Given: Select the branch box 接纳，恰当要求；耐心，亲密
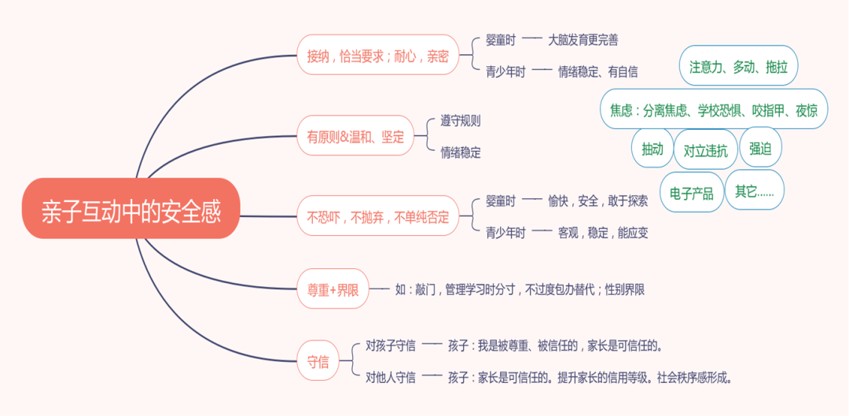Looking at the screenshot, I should point(377,55).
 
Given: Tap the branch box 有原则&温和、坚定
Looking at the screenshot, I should point(355,137).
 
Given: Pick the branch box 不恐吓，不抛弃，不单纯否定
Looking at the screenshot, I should point(377,216).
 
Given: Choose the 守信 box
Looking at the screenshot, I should point(318,362).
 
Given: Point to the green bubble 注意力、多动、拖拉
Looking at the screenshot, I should point(738,67).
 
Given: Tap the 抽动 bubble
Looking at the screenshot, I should point(652,149).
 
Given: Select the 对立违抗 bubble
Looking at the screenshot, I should point(705,150).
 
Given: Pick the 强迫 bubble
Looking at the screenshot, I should point(760,149).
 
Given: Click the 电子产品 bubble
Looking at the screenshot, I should point(691,192).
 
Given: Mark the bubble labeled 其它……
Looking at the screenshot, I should point(754,190).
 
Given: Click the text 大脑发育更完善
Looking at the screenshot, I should point(588,39).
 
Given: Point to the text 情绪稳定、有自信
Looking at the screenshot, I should point(597,72).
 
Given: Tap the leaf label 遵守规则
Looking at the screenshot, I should point(461,121).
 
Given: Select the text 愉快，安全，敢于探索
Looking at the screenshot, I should point(597,201).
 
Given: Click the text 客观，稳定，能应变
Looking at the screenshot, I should point(603,233).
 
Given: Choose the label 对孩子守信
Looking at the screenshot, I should point(391,345).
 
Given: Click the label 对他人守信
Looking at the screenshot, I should point(391,377).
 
